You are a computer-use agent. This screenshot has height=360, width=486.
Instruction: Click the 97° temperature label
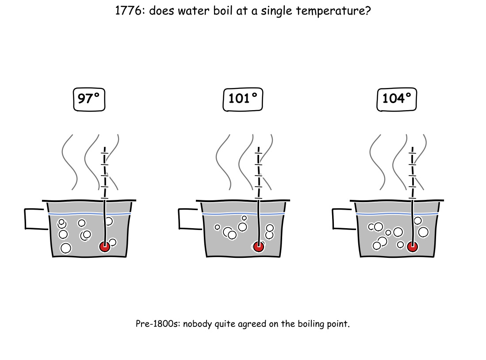[x=89, y=100]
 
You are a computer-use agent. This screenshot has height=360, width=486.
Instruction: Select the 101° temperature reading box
[x=243, y=100]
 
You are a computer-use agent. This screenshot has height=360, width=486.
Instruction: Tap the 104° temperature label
[x=397, y=100]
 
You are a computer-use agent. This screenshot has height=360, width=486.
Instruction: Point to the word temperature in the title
[x=333, y=11]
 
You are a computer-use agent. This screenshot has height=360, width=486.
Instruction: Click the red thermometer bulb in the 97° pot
[x=105, y=247]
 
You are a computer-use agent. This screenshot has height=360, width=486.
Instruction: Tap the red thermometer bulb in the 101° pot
[x=259, y=247]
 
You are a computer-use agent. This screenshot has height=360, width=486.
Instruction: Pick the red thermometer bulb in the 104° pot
[x=412, y=247]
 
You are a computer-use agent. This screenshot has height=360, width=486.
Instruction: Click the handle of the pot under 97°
[x=25, y=219]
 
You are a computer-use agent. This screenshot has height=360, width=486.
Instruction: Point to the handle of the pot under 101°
[x=179, y=219]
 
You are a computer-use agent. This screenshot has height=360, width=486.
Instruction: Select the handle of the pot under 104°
[x=333, y=219]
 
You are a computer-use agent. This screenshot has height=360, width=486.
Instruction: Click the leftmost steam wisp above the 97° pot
[x=69, y=162]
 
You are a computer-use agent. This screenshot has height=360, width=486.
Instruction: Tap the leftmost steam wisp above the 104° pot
[x=377, y=162]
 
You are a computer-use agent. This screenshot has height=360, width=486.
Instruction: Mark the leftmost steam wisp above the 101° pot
[x=223, y=162]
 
